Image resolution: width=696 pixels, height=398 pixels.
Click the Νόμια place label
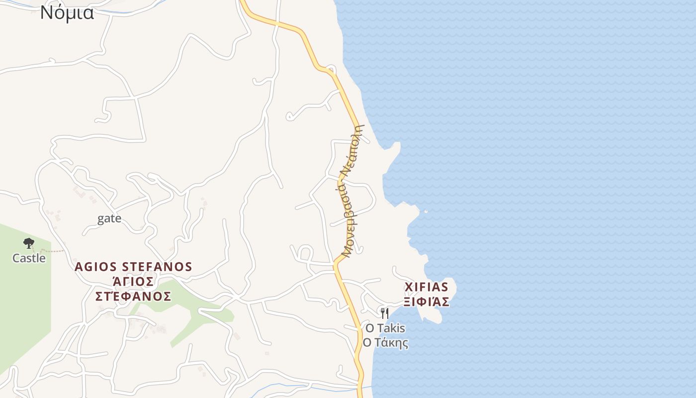pos(67,12)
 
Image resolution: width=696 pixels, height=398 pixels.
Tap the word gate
pos(109,218)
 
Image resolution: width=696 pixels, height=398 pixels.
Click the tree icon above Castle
pos(29,243)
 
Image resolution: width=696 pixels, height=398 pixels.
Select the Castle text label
pos(29,258)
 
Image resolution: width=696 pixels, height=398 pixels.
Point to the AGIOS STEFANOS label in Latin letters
pos(133,267)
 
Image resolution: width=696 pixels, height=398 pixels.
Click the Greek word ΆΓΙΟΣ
pos(133,282)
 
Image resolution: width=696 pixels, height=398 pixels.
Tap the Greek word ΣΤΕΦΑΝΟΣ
pos(133,297)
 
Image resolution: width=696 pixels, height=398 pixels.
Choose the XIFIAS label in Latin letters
pos(427,287)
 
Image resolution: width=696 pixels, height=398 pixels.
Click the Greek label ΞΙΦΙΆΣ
pos(427,302)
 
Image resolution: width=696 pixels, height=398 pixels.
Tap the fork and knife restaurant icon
pos(384,313)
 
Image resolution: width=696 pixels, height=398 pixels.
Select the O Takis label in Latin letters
pos(385,328)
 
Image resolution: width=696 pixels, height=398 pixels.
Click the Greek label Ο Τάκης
pos(385,343)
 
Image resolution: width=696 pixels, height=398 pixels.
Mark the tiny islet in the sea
pos(426,212)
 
